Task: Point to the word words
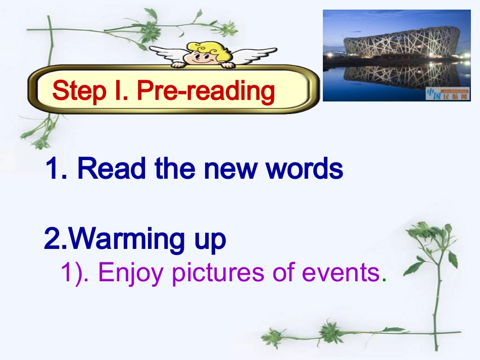point(305,169)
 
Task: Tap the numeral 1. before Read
point(56,169)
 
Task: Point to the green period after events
point(384,279)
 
